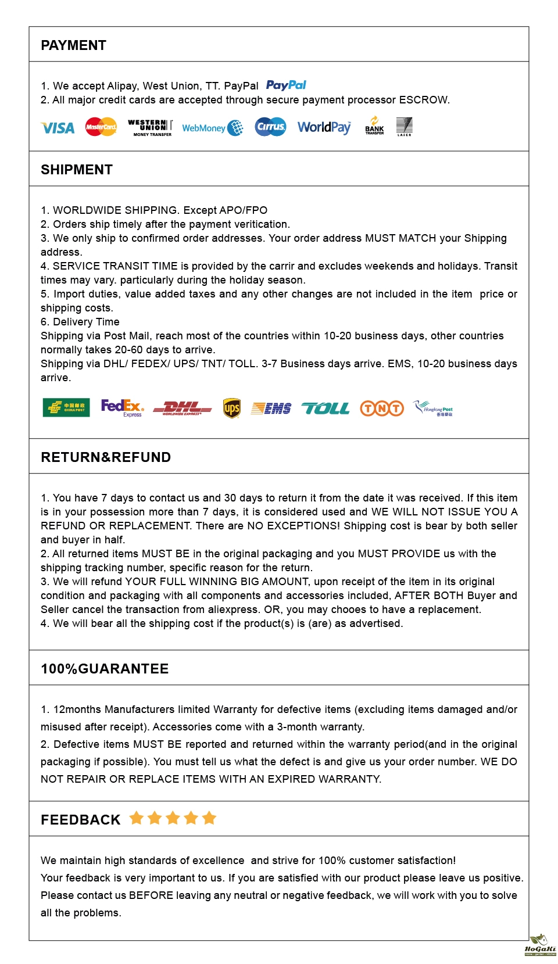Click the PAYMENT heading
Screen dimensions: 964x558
73,45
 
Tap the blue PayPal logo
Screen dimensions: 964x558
286,85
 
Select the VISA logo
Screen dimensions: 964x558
58,128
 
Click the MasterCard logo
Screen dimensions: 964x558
101,127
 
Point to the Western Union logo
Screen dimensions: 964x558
151,127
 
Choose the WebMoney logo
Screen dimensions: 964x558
212,128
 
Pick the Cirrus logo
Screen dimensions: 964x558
270,127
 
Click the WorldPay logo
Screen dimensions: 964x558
324,127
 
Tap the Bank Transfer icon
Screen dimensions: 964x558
374,126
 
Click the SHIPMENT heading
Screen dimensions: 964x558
77,170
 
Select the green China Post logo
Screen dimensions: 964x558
66,408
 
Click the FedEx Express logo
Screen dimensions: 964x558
122,407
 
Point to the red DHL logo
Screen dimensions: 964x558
182,408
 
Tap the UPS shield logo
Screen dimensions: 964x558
232,408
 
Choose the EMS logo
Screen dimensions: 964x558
271,408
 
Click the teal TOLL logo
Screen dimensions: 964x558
325,408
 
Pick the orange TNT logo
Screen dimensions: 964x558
382,408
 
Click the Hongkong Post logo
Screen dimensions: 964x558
433,408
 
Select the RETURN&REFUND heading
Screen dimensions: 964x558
106,457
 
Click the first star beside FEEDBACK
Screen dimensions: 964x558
137,818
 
